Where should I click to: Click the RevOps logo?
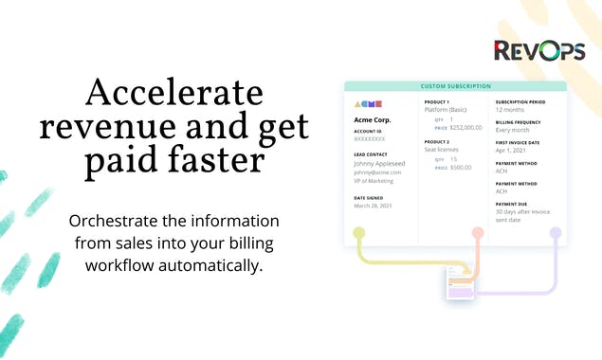[x=538, y=49]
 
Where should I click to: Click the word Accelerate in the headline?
[x=173, y=93]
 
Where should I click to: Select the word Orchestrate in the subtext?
[x=119, y=222]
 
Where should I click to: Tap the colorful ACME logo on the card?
[x=367, y=103]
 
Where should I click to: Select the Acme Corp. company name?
[x=373, y=120]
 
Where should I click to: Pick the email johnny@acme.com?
[x=377, y=172]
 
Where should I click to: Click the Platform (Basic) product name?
[x=452, y=110]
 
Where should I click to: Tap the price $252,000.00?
[x=465, y=127]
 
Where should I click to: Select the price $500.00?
[x=461, y=167]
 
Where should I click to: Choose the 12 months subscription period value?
[x=514, y=110]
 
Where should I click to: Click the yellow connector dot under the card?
[x=358, y=232]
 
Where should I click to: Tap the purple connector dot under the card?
[x=556, y=232]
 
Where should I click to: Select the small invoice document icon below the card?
[x=460, y=284]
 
